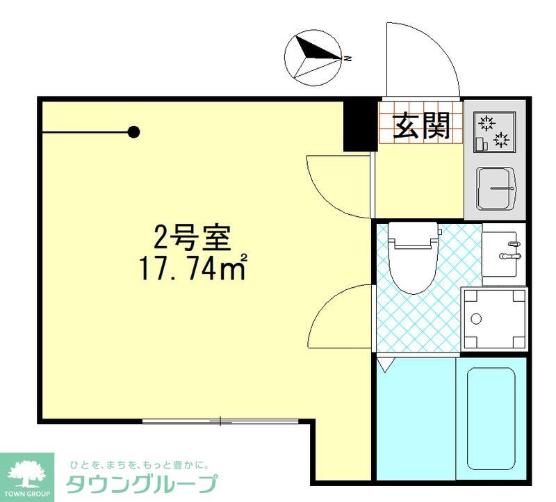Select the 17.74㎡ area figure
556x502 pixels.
[193, 268]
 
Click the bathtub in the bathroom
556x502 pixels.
[491, 417]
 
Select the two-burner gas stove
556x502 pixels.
[495, 133]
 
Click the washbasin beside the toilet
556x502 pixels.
[504, 250]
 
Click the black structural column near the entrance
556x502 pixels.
[359, 125]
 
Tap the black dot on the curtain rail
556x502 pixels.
[134, 131]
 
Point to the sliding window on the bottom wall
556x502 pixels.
[220, 421]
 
